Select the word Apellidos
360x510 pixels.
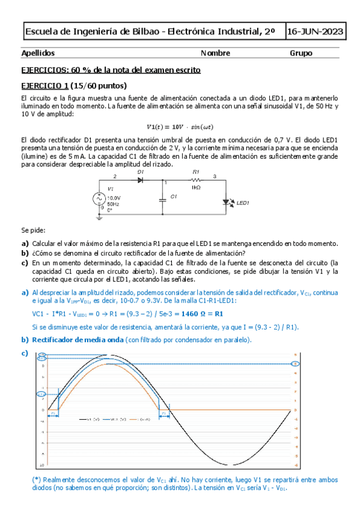(38, 53)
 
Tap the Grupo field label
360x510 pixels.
(301, 53)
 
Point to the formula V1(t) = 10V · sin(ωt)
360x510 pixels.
(180, 126)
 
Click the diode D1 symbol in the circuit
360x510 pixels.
(141, 180)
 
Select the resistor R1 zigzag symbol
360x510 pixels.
(195, 180)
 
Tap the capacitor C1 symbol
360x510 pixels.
(162, 197)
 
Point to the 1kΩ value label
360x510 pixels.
(195, 188)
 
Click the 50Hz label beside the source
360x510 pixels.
(113, 204)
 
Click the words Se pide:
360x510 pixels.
(33, 230)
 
